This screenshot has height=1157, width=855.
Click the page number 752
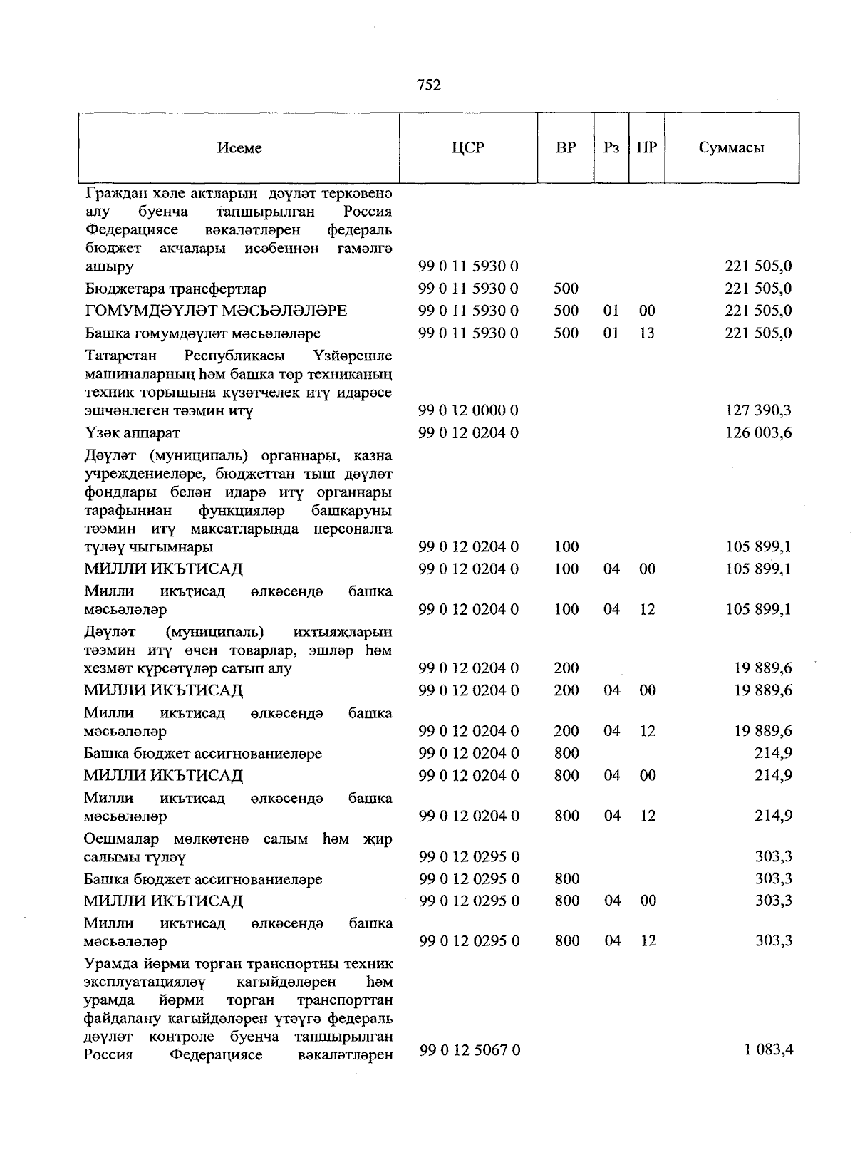428,85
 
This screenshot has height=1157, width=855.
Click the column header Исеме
239,148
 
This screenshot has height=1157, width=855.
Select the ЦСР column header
467,148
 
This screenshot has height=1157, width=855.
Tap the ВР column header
566,148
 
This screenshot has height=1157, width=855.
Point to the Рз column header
611,148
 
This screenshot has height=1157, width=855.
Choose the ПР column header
647,148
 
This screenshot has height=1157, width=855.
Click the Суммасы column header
731,148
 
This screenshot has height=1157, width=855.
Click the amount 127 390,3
758,410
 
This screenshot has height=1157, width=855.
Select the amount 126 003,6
758,432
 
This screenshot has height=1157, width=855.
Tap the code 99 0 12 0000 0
468,410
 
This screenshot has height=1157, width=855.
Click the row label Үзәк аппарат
132,432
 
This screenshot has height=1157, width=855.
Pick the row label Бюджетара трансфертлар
175,289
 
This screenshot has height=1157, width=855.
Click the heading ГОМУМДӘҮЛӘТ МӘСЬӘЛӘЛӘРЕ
215,311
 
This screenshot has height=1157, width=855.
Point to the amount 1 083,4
768,1049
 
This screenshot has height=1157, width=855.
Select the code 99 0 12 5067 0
469,1050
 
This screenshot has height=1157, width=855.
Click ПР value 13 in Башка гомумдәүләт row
646,333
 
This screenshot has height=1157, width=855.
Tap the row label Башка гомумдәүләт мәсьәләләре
202,333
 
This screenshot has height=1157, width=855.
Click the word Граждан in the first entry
113,193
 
